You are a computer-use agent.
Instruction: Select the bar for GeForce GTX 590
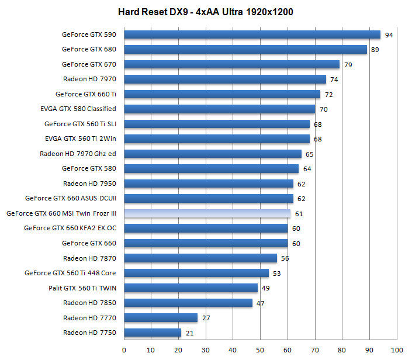(252, 34)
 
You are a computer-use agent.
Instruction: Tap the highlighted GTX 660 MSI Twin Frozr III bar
(207, 213)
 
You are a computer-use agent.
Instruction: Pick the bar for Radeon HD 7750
(153, 333)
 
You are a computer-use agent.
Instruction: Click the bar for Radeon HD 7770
(161, 318)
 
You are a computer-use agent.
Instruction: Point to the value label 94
(389, 35)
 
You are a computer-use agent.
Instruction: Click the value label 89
(375, 50)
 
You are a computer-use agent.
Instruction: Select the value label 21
(189, 333)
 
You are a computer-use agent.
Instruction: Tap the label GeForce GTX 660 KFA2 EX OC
(70, 229)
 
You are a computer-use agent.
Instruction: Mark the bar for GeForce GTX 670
(231, 64)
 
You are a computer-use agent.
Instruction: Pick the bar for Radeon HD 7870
(200, 258)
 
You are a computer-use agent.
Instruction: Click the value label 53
(276, 274)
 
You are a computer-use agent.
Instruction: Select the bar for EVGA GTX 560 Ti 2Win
(217, 139)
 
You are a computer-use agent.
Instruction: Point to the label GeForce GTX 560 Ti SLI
(80, 124)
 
